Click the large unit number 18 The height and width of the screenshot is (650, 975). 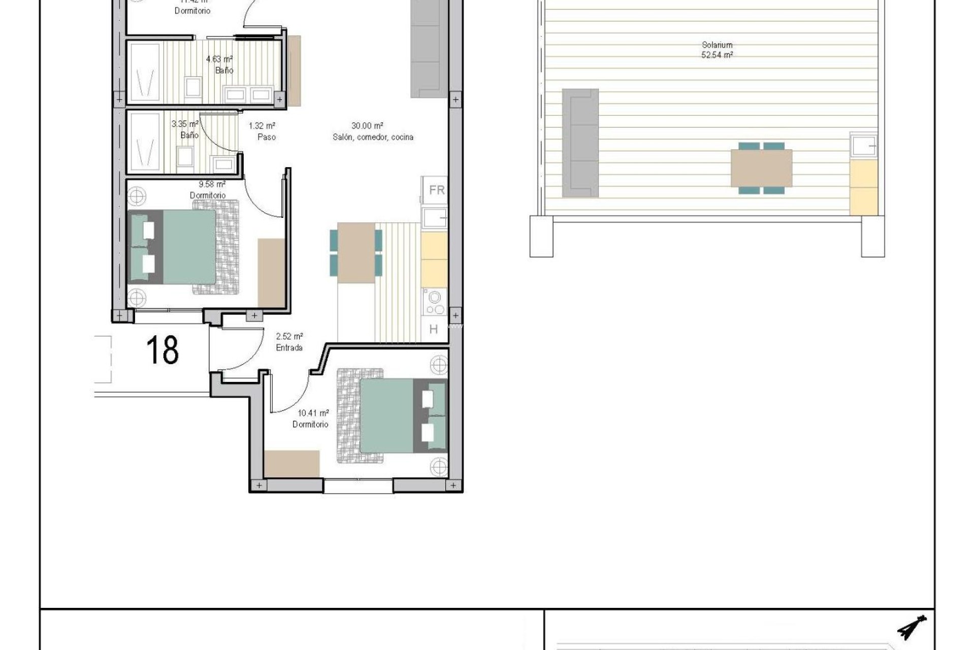tap(162, 349)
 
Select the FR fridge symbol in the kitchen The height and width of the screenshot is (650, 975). tap(436, 190)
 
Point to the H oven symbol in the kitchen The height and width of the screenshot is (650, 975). tap(434, 330)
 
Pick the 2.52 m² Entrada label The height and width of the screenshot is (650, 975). tap(289, 342)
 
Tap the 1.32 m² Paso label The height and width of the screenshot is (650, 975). tap(263, 131)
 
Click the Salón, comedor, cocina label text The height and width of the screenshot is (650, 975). tap(373, 137)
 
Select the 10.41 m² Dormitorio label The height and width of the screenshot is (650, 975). tap(311, 418)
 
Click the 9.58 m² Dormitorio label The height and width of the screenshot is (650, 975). tap(209, 189)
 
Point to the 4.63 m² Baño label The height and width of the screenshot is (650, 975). tap(220, 64)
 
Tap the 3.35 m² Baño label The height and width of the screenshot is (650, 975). tap(186, 129)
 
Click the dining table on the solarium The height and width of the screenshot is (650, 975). tap(761, 168)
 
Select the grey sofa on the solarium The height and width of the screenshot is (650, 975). tap(580, 143)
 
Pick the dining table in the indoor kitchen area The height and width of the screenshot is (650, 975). tap(356, 252)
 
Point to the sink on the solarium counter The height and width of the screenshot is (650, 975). tap(863, 146)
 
